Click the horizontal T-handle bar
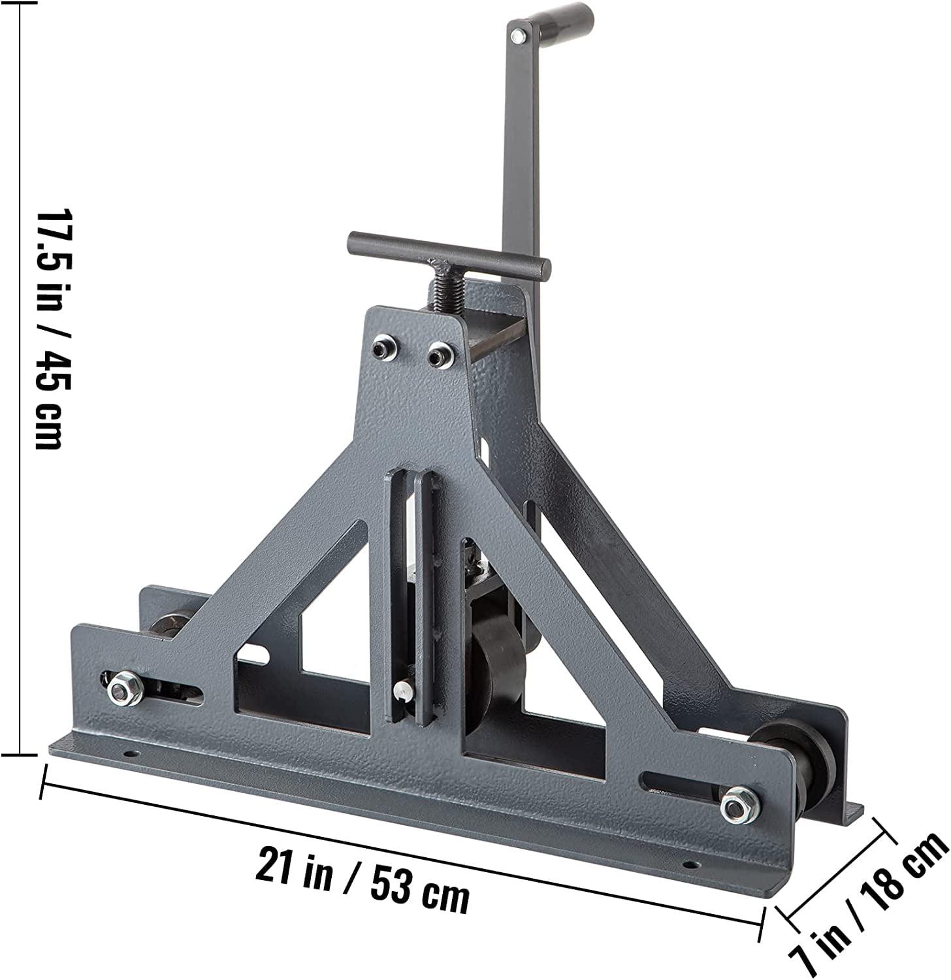(449, 252)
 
